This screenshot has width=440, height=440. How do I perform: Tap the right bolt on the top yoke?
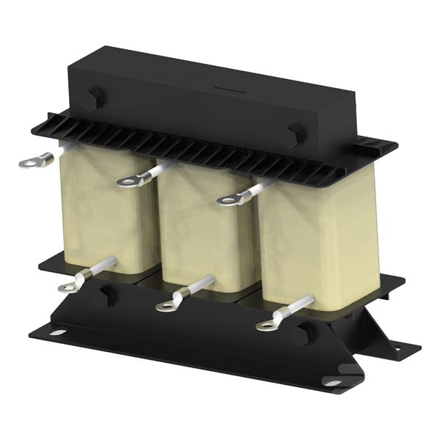tap(295, 135)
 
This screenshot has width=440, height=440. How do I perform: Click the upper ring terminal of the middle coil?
tap(130, 180)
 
